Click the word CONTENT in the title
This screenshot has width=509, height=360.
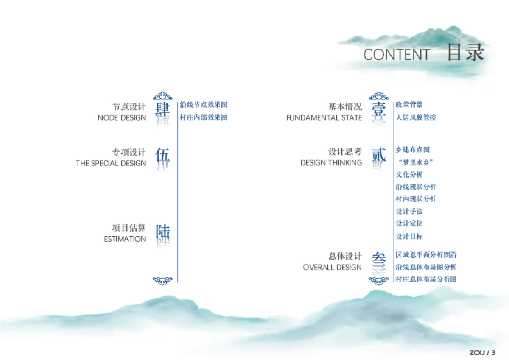coord(397,55)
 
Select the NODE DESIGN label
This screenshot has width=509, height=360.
coord(122,118)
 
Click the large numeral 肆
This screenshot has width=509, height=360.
coord(162,109)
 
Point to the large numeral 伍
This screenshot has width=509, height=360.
coord(162,155)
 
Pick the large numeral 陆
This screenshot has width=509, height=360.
coord(162,232)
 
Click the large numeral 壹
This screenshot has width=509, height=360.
coord(378,109)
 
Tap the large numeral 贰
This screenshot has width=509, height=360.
coord(378,155)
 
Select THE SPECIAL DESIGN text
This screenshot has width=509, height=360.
coord(111,163)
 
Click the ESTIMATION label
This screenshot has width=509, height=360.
coord(125,239)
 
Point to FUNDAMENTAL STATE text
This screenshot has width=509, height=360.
coord(324,118)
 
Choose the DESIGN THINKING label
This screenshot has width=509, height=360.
coord(331,163)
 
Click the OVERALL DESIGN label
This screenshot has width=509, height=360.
coord(332,268)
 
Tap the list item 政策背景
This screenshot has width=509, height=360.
coord(409,105)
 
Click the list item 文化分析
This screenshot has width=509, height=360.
coord(409,174)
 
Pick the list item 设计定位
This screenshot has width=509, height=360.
coord(409,223)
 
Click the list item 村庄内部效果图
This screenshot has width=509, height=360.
coord(204,117)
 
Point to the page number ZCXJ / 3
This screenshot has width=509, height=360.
coord(482,352)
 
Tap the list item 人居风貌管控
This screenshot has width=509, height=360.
coord(416,117)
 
